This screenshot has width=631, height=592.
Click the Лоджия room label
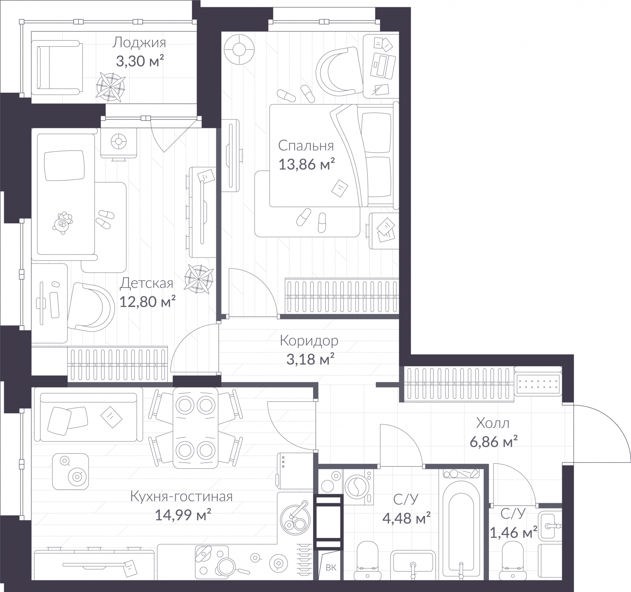[x=139, y=42]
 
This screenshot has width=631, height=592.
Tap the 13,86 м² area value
[x=307, y=164]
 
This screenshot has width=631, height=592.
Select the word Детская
[x=146, y=283]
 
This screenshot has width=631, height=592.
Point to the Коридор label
[x=309, y=340]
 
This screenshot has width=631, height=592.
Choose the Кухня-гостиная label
[x=181, y=496]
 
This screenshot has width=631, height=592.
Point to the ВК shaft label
[x=331, y=568]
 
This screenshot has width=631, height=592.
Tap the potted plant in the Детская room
[x=200, y=279]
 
